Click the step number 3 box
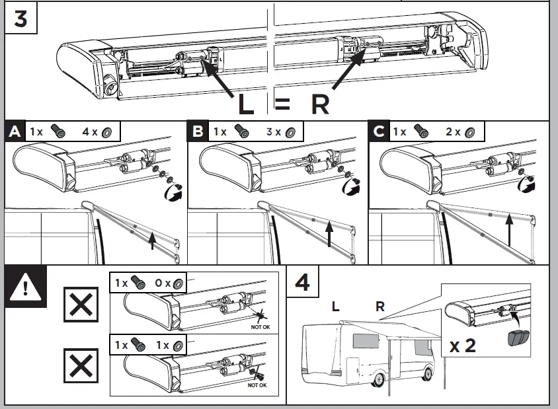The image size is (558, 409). point(21,19)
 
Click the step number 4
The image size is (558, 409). point(302,283)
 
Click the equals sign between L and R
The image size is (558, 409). point(282,104)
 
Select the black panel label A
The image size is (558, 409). point(15,132)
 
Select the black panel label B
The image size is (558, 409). point(198,132)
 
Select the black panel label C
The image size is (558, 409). point(379,132)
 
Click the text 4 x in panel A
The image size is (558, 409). point(89,132)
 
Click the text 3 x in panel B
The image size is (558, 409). point(272,132)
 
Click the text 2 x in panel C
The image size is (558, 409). point(454,132)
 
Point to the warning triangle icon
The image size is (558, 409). point(24,287)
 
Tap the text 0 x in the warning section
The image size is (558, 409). point(163,282)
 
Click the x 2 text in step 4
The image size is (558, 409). point(462,346)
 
